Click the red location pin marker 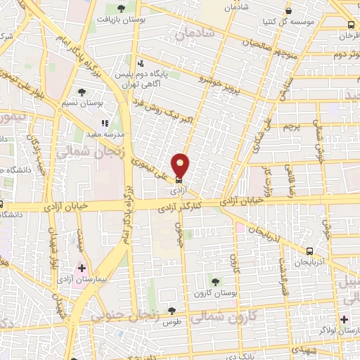[181, 165]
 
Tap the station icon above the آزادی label [178, 179]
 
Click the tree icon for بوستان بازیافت [121, 8]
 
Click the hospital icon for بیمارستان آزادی [82, 269]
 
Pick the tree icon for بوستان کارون [215, 281]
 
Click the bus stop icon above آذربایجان [309, 250]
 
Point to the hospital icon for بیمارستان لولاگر [344, 319]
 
